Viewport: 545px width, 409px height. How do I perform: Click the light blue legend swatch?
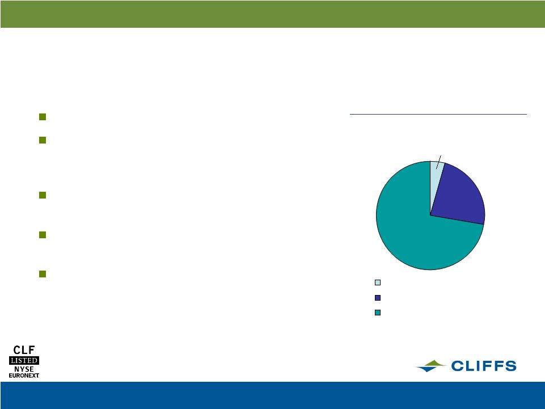(378, 282)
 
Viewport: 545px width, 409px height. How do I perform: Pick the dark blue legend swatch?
(378, 298)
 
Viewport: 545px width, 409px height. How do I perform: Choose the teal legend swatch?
(378, 313)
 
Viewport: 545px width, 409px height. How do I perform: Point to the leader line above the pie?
(438, 162)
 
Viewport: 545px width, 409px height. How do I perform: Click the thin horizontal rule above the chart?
(438, 113)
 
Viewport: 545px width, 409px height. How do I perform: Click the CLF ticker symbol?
(24, 350)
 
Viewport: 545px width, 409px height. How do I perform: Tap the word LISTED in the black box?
(24, 360)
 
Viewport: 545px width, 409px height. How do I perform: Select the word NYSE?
(24, 369)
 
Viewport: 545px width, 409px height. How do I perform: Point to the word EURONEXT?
(24, 376)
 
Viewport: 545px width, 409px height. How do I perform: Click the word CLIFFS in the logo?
(484, 366)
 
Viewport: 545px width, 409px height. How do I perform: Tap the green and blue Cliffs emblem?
(430, 366)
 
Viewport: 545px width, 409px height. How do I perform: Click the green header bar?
(272, 14)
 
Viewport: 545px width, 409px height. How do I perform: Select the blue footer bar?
(272, 395)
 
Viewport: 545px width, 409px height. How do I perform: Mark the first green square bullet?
(43, 117)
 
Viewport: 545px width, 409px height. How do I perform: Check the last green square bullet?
(43, 274)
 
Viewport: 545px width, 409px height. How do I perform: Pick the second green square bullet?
(43, 140)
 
